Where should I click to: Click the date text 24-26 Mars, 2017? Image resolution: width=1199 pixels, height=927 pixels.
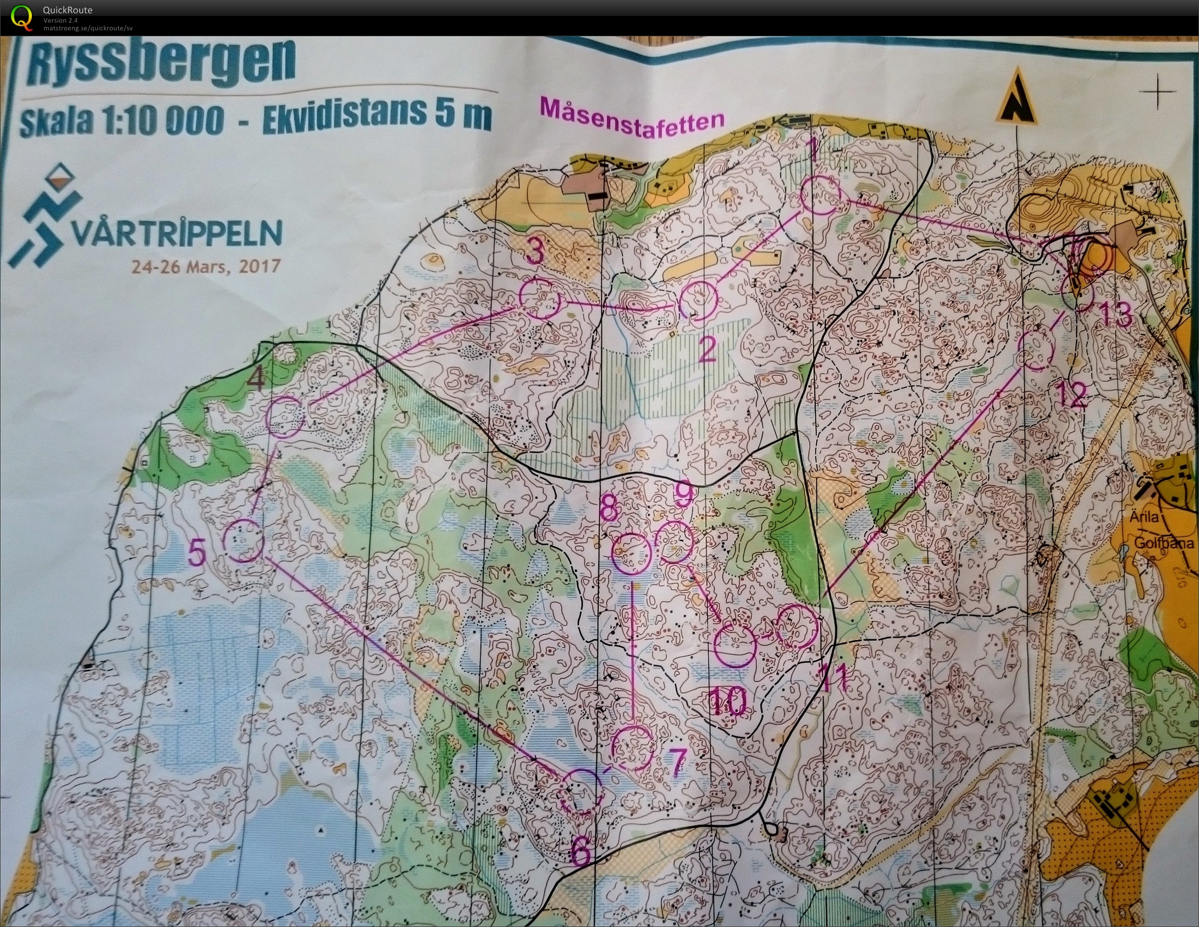206,267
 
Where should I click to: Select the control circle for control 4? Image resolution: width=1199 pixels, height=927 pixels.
285,418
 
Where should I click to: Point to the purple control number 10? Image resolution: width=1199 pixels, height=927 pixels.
727,702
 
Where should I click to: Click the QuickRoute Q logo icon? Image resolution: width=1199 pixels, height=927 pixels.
21,16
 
